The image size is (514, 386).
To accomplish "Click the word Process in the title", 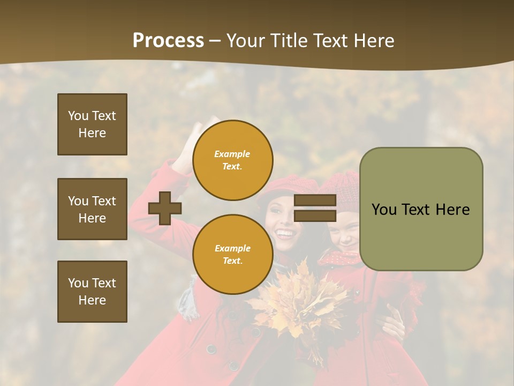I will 168,40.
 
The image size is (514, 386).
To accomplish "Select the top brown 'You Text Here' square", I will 92,124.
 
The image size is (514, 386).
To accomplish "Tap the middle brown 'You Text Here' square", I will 92,209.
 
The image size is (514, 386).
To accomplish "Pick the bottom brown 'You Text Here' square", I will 92,292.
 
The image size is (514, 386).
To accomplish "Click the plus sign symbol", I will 165,208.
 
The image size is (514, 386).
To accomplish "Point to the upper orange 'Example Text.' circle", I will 232,160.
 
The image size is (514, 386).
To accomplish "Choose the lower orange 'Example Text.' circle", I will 232,255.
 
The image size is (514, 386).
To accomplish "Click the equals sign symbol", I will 315,209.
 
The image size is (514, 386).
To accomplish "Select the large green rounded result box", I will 421,209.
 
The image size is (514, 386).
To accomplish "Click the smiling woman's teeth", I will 285,234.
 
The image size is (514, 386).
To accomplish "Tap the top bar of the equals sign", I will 315,201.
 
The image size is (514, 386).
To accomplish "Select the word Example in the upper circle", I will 232,154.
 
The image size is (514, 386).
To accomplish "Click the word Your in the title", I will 244,40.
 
